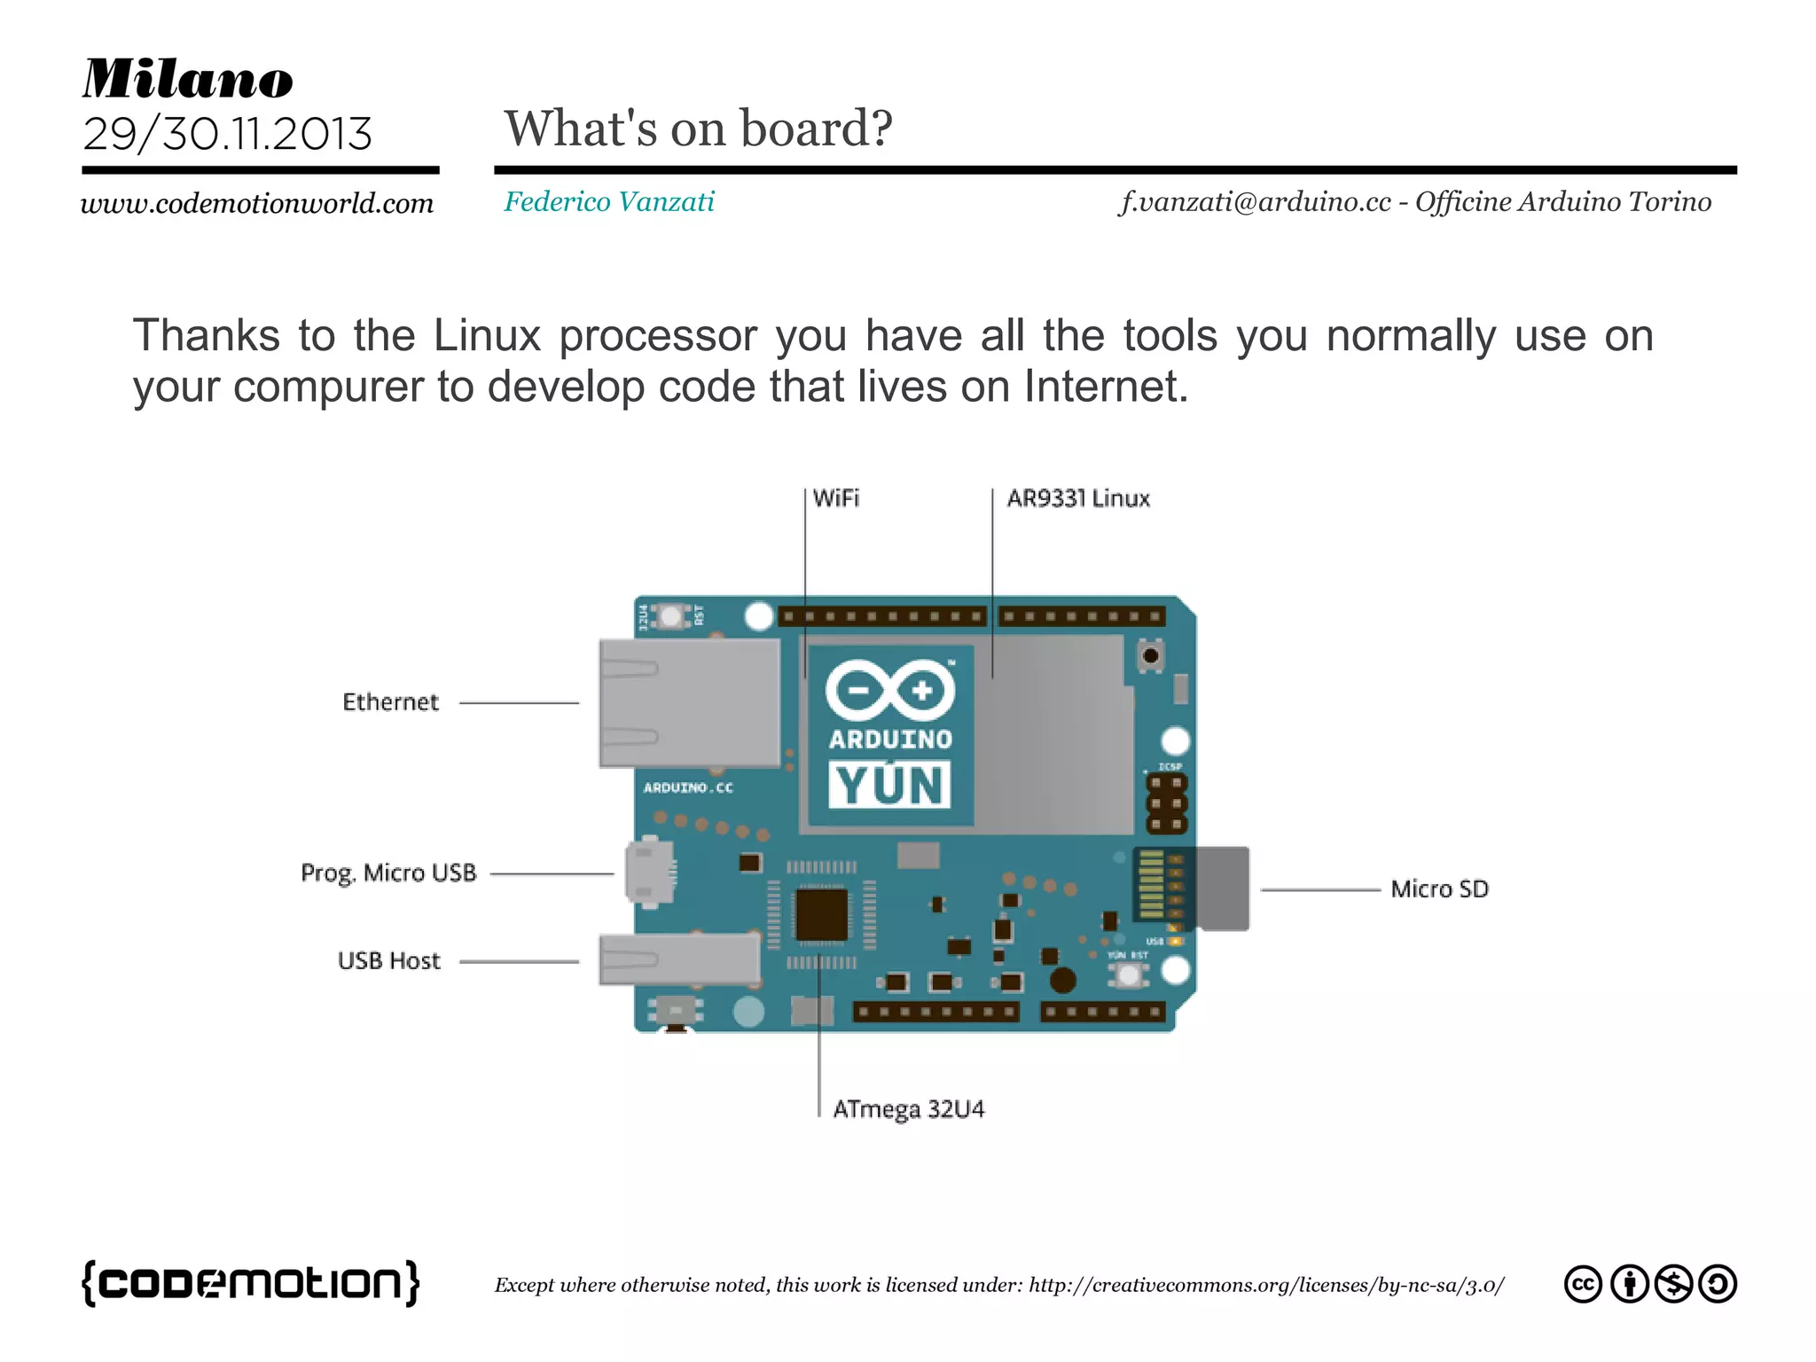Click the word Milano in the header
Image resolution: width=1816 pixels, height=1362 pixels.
point(187,79)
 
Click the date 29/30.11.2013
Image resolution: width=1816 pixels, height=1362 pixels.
point(227,134)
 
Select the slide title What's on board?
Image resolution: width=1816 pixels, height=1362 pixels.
point(698,129)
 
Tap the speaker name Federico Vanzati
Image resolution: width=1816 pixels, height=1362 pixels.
point(609,202)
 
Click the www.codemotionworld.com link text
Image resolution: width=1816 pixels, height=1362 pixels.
point(257,204)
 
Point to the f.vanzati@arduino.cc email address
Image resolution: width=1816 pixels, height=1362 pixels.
point(1255,202)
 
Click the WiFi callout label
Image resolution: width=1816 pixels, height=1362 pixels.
point(835,498)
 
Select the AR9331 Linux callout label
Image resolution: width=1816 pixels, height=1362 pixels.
point(1078,498)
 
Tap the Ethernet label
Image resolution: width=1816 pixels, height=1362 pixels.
point(390,702)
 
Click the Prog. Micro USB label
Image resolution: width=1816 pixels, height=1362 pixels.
point(388,873)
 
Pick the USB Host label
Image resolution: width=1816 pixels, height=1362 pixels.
point(388,961)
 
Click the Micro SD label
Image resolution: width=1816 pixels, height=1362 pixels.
point(1439,889)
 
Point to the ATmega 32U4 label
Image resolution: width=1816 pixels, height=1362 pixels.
point(909,1109)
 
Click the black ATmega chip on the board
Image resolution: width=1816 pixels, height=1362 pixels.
point(821,915)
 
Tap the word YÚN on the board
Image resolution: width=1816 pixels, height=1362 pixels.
point(889,786)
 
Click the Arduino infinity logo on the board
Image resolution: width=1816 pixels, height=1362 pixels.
point(890,689)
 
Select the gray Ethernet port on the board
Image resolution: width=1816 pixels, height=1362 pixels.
point(689,703)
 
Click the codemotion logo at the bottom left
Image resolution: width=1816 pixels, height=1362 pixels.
point(251,1283)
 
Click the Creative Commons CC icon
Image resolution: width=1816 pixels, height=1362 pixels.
point(1583,1284)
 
